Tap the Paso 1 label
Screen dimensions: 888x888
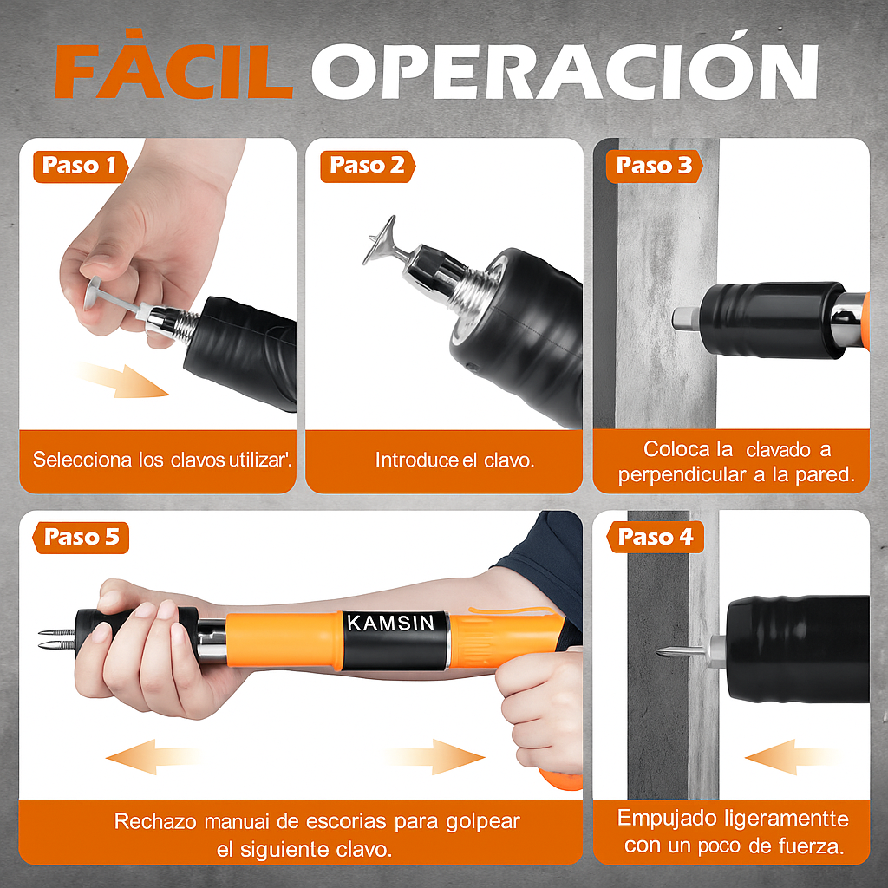79,166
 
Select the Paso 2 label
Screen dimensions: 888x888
367,166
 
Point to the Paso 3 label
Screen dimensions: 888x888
655,166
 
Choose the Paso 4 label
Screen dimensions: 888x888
656,538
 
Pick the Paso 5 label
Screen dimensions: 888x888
81,538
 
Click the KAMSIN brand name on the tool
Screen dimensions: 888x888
395,623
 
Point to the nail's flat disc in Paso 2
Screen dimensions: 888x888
380,241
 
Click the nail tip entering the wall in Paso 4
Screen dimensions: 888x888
669,651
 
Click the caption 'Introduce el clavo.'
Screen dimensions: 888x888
454,460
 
